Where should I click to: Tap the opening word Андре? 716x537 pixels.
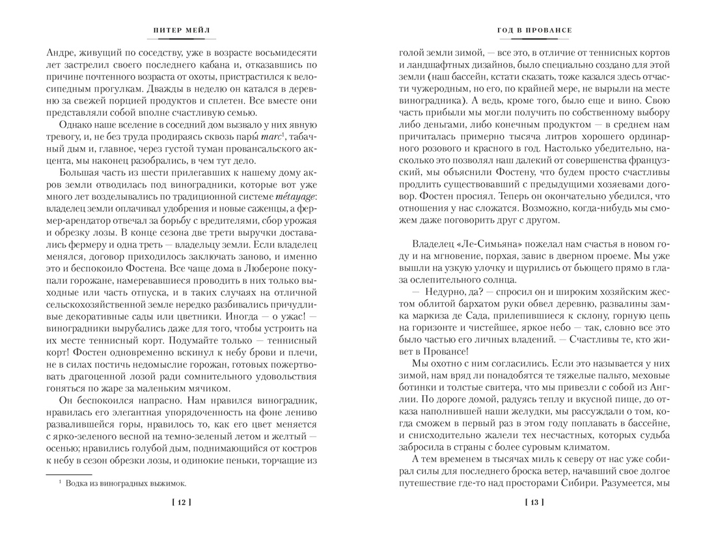(62, 51)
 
